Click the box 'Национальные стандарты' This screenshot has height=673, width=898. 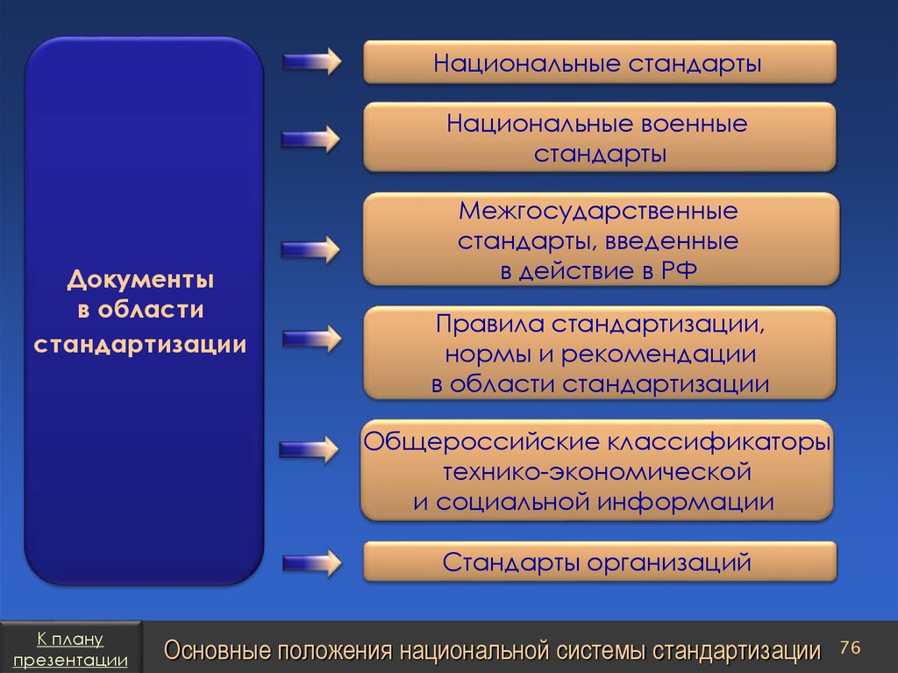600,63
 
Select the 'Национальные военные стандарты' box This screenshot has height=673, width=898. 600,138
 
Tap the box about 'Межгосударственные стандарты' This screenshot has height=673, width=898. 600,240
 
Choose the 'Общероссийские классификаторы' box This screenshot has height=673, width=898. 597,470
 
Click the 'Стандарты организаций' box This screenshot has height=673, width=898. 600,562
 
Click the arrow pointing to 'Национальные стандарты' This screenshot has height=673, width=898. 311,61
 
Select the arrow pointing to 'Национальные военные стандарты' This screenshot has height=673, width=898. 311,138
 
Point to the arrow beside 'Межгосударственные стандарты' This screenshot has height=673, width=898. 311,247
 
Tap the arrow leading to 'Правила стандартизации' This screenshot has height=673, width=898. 311,337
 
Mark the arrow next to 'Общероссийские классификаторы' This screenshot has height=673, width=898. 310,449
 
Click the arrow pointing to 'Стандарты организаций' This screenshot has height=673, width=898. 311,562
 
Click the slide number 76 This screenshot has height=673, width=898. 850,648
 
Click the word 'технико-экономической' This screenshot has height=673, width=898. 597,472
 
